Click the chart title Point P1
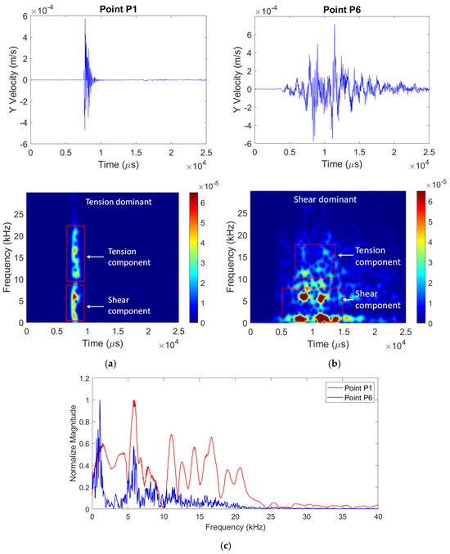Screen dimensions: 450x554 coord(118,9)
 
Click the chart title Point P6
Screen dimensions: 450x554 coord(342,10)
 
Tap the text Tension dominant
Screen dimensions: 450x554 coord(119,202)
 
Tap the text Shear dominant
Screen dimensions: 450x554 coord(325,199)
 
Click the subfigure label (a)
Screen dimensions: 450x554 coord(110,364)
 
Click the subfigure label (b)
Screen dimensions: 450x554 coord(335,364)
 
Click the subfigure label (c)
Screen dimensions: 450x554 coord(225,546)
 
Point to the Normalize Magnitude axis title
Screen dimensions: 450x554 coord(74,443)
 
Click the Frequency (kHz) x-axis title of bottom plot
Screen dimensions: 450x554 coord(236,527)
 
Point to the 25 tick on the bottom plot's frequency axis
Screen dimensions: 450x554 coord(271,516)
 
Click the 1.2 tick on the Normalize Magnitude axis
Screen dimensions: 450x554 coord(84,378)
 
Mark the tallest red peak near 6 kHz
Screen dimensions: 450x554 coord(134,400)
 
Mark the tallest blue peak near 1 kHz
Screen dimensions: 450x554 coord(100,400)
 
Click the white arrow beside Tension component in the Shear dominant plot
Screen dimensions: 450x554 coord(345,255)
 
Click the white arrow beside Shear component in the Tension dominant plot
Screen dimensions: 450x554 coord(95,306)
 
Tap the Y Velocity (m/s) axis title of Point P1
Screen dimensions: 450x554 coord(14,80)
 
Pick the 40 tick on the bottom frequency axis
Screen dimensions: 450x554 coord(378,516)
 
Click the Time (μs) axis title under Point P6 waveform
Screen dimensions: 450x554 coord(342,164)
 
